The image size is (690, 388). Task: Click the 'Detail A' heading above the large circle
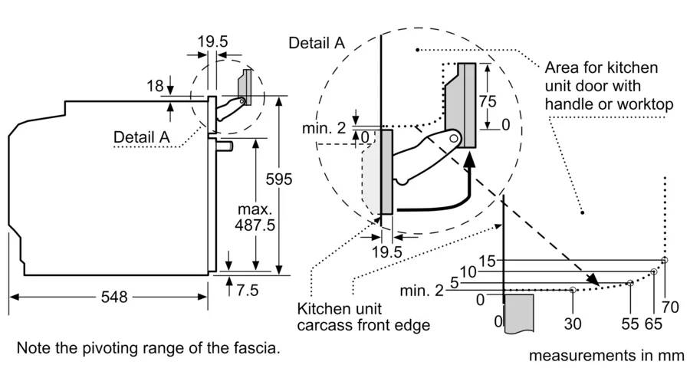pos(316,43)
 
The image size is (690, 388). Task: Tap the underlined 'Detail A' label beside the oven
pos(141,137)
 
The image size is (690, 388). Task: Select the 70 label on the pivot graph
pos(671,308)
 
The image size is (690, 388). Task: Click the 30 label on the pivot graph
pos(573,323)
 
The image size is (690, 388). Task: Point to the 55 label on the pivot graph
pos(629,323)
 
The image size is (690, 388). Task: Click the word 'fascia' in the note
pos(257,349)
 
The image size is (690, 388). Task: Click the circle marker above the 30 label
pos(573,290)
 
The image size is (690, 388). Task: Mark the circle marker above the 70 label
pos(665,260)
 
